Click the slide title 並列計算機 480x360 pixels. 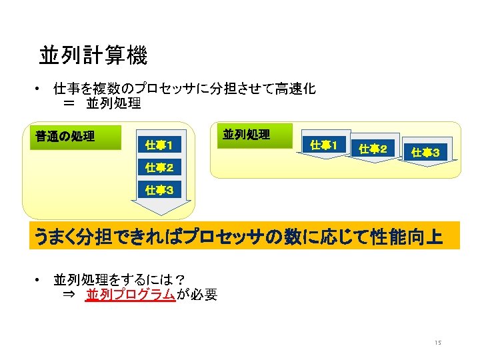point(93,56)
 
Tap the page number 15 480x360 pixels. point(437,343)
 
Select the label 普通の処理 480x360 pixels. point(65,137)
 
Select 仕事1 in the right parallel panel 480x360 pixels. point(324,145)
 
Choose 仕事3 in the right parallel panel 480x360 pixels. point(425,153)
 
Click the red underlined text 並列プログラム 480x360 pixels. point(130,295)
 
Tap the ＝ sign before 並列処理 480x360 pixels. point(69,103)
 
